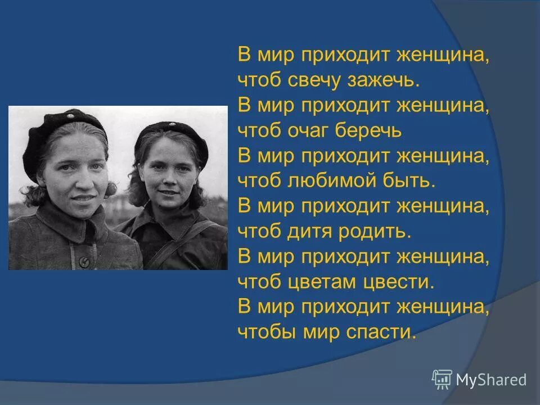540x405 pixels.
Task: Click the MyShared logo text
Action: click(x=491, y=380)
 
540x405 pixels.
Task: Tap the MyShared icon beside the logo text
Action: click(x=442, y=379)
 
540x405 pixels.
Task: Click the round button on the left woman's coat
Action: click(x=83, y=262)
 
